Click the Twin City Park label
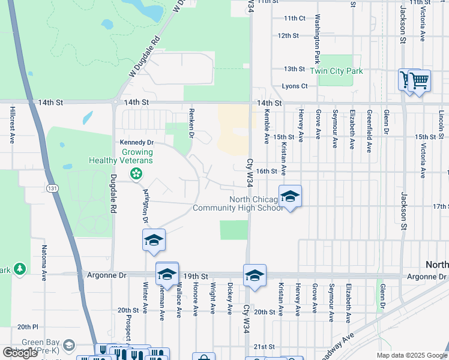pos(336,71)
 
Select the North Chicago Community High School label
pos(238,203)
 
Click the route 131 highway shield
pos(54,188)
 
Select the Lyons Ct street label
pos(295,86)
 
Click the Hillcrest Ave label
pos(12,126)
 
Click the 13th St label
pos(295,69)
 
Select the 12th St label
pos(288,36)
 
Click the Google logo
pos(20,353)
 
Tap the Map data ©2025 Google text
pos(411,355)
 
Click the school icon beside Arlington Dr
pos(154,240)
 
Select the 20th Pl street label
pos(28,327)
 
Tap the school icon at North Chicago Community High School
pos(290,196)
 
